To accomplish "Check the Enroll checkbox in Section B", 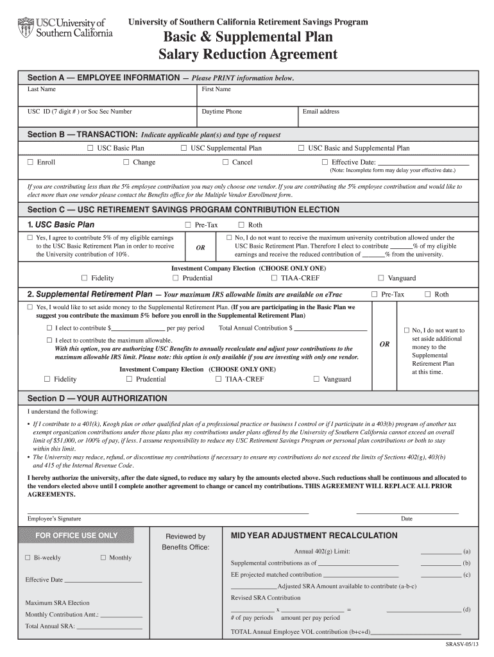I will [30, 162].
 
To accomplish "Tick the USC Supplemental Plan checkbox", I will [183, 148].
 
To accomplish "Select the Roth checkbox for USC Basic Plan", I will [241, 225].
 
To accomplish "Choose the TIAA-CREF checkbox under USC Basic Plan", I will [274, 278].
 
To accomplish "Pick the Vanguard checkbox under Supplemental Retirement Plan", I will [316, 379].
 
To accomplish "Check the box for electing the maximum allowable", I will [48, 340].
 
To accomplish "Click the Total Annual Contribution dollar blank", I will [331, 328].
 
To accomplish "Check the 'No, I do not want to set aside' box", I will [406, 330].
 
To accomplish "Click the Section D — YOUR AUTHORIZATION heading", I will [97, 398].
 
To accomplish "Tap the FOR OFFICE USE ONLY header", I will [76, 536].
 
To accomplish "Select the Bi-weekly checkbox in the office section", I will [28, 558].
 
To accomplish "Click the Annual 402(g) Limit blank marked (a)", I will [440, 551].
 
